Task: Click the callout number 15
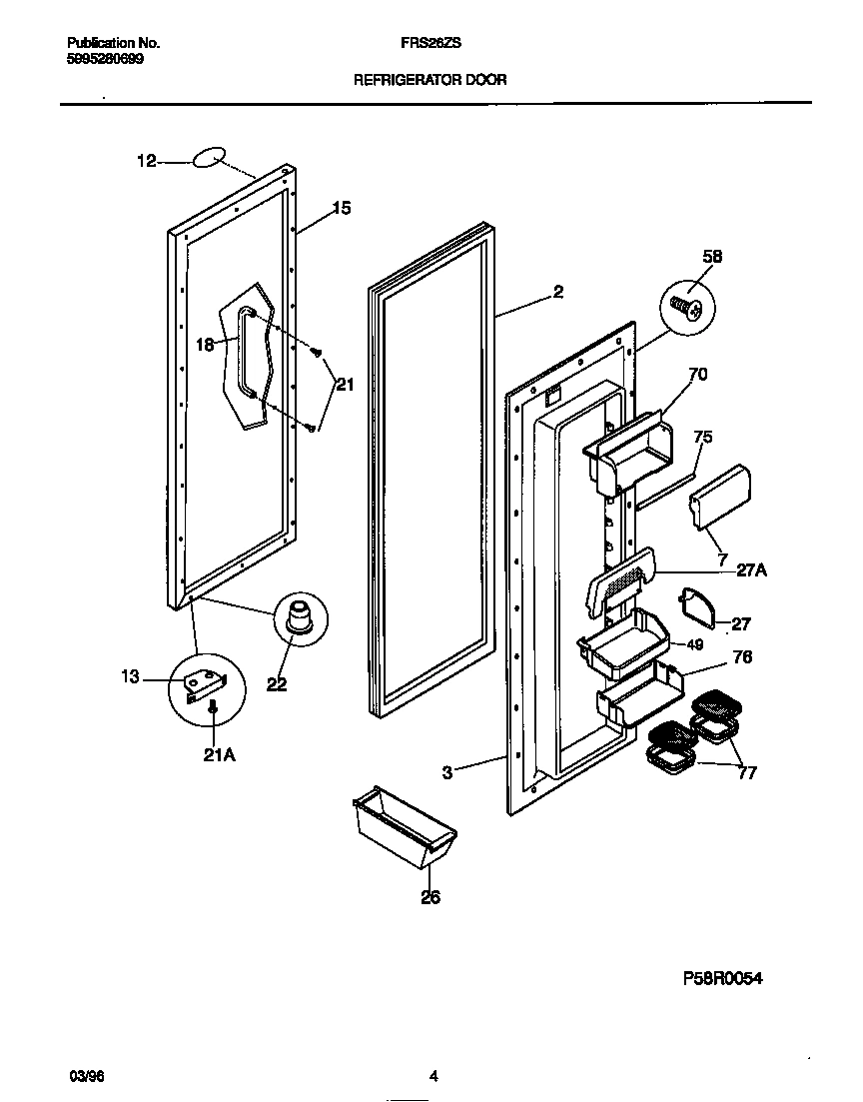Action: pyautogui.click(x=342, y=208)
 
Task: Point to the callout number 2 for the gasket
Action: pyautogui.click(x=557, y=292)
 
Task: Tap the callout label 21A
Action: pyautogui.click(x=220, y=755)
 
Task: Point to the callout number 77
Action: pyautogui.click(x=747, y=772)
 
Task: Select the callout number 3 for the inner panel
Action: pyautogui.click(x=447, y=771)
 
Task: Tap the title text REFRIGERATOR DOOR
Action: pyautogui.click(x=431, y=79)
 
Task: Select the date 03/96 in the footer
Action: pyautogui.click(x=87, y=1076)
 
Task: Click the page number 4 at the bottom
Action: pyautogui.click(x=432, y=1076)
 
